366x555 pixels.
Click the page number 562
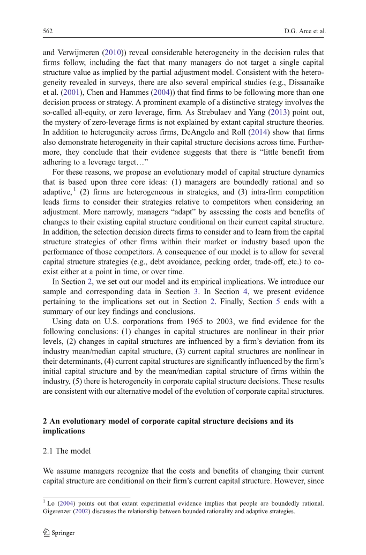(x=47, y=31)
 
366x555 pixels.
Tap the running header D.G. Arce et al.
(x=304, y=31)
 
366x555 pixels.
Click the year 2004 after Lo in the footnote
(x=65, y=504)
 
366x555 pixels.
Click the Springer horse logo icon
(x=47, y=532)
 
